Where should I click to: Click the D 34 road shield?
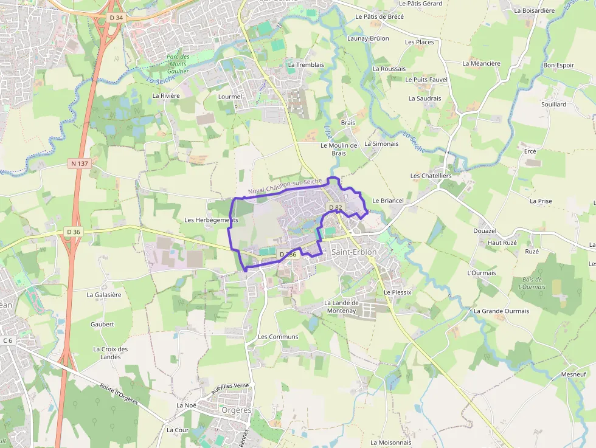pyautogui.click(x=116, y=18)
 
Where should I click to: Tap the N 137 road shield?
pyautogui.click(x=80, y=164)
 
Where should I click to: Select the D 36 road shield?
pyautogui.click(x=74, y=232)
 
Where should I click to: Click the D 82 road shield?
pyautogui.click(x=335, y=208)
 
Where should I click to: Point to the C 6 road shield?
pyautogui.click(x=8, y=340)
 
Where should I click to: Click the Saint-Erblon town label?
pyautogui.click(x=354, y=252)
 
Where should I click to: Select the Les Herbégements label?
pyautogui.click(x=210, y=219)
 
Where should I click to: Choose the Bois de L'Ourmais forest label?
pyautogui.click(x=533, y=283)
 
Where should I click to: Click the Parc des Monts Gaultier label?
pyautogui.click(x=178, y=64)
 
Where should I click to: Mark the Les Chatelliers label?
pyautogui.click(x=431, y=176)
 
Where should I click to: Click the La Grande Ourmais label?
pyautogui.click(x=501, y=311)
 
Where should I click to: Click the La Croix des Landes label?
pyautogui.click(x=110, y=353)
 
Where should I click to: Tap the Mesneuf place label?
pyautogui.click(x=573, y=374)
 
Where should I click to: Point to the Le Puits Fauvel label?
pyautogui.click(x=426, y=80)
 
